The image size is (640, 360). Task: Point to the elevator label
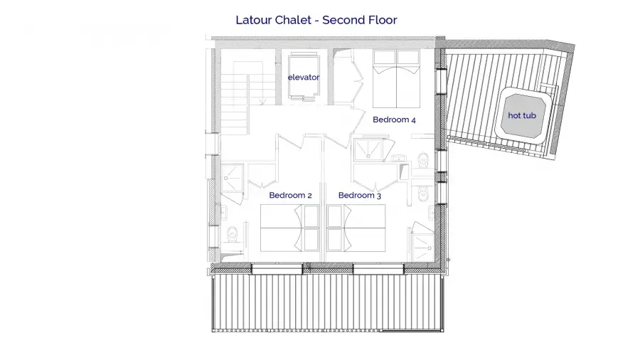coord(304,77)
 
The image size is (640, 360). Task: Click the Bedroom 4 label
coord(394,120)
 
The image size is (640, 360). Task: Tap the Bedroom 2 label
coord(291,195)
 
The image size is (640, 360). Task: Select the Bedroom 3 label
coord(360,195)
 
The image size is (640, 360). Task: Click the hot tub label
coord(522,115)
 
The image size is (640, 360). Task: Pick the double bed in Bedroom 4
coord(396,79)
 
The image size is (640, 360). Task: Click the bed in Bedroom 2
coord(290,228)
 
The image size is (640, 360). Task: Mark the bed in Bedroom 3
coord(356,228)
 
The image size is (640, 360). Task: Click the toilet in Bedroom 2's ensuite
coord(233,233)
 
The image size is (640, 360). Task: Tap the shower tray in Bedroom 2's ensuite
coord(233,178)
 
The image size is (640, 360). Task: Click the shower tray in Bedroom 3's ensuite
coord(422,248)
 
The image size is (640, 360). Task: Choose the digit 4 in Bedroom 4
coord(413,120)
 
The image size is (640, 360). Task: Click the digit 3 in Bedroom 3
coord(379,196)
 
